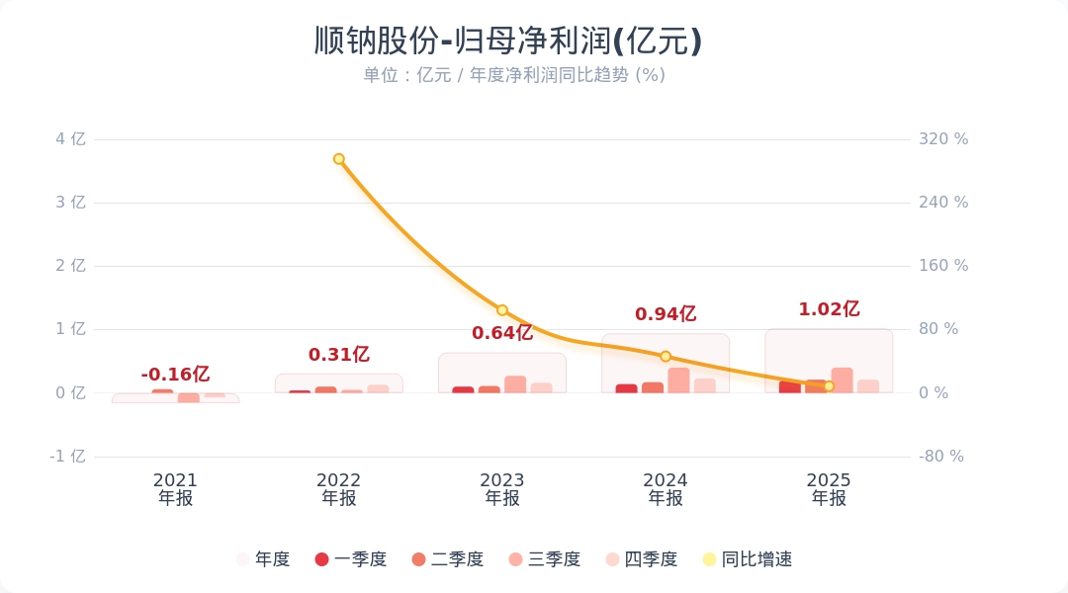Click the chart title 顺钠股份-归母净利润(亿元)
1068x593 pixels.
click(508, 42)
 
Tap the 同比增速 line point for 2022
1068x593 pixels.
click(339, 159)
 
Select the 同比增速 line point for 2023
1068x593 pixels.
click(502, 310)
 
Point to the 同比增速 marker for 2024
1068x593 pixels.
click(666, 356)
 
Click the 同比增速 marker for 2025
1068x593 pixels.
click(829, 386)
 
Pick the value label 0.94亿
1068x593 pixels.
click(666, 314)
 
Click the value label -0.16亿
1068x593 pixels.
click(175, 375)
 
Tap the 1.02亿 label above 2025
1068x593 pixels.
click(829, 309)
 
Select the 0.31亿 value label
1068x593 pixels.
click(339, 355)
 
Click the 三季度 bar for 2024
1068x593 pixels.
click(678, 381)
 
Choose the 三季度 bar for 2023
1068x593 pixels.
click(515, 384)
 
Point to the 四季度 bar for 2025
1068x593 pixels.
click(868, 386)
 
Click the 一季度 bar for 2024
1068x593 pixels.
click(626, 388)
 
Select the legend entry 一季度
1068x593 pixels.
click(350, 559)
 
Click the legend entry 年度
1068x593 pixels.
click(262, 559)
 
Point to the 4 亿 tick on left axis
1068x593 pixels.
click(70, 139)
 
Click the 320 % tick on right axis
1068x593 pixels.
click(943, 139)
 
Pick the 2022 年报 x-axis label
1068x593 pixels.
click(339, 489)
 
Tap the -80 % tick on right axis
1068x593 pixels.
click(941, 457)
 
